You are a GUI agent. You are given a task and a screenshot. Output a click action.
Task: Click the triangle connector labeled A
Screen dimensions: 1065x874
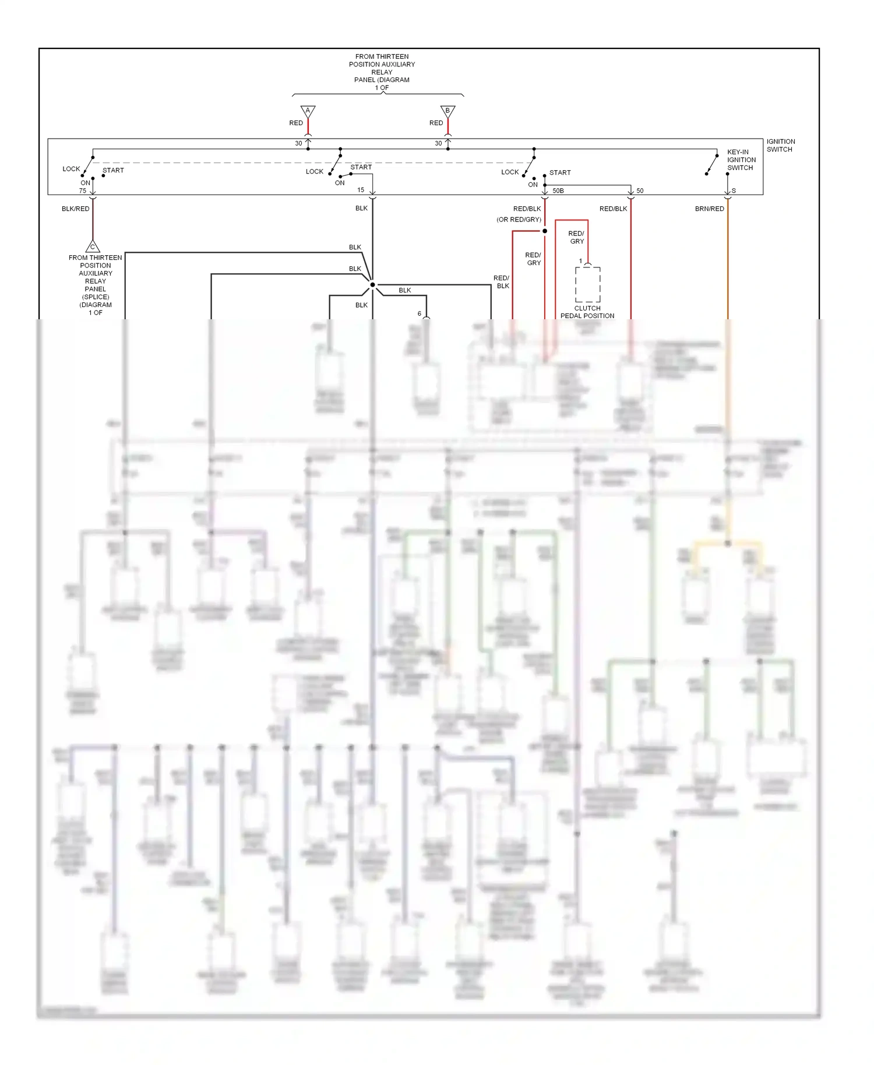tap(308, 111)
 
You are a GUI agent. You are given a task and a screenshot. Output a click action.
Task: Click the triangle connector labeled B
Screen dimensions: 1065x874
tap(447, 111)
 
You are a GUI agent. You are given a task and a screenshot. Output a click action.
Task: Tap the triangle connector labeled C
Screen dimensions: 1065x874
tap(93, 246)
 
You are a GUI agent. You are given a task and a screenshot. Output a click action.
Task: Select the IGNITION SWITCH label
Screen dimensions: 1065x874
tap(780, 145)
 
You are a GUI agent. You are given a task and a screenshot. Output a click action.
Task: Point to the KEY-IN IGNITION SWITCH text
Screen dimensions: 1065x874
tap(741, 160)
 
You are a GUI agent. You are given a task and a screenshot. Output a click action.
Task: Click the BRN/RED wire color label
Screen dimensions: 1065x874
tap(709, 209)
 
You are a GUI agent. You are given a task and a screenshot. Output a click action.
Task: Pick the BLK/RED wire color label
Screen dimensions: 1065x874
tap(76, 209)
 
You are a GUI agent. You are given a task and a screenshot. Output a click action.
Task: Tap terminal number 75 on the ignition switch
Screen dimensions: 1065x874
tap(83, 191)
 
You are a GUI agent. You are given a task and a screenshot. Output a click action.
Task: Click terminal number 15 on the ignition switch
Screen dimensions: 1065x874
tap(361, 190)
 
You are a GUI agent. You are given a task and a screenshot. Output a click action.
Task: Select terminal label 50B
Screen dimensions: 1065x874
tap(558, 191)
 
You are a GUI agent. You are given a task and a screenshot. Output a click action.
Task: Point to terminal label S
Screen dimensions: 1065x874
tap(734, 191)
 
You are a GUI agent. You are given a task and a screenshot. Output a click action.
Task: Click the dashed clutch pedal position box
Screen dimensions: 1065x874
tap(587, 284)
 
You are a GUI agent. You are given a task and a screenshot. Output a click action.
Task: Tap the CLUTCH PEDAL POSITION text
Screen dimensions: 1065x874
tap(587, 312)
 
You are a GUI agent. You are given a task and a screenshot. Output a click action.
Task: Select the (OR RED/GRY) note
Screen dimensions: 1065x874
tap(519, 220)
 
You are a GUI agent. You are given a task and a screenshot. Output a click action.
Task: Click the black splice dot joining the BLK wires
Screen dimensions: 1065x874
tap(372, 285)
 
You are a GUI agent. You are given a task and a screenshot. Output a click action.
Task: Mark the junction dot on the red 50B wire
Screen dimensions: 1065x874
tap(545, 231)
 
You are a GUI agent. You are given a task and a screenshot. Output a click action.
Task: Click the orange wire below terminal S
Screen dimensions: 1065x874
tap(727, 262)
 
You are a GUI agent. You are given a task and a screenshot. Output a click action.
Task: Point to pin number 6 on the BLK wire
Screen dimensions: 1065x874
tap(420, 313)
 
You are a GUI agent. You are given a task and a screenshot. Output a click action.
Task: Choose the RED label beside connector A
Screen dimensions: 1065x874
tap(296, 123)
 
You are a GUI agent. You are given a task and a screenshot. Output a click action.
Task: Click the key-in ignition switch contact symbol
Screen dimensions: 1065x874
tap(711, 164)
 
